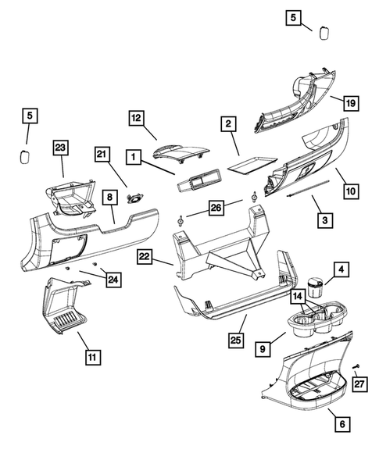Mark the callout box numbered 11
[93, 358]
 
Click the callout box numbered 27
[359, 383]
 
